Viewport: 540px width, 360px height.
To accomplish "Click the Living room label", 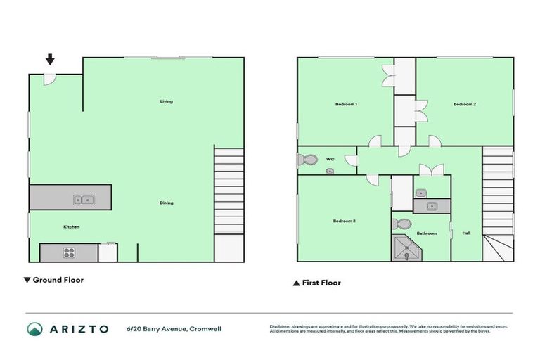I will tap(166, 101).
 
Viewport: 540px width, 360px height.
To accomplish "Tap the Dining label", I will tap(166, 203).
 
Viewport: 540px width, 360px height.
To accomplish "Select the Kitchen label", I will tap(71, 226).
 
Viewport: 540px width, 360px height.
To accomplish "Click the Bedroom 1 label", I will tap(346, 104).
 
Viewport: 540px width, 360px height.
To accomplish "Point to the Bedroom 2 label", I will tap(465, 104).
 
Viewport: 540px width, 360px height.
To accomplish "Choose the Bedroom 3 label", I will tap(344, 221).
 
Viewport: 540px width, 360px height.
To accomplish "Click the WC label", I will tap(330, 159).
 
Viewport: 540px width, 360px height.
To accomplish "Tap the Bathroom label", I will tap(427, 233).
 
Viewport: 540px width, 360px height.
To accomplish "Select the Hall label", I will tap(466, 233).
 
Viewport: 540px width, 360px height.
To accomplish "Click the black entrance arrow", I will tap(51, 60).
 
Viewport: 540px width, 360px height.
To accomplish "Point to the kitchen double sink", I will tap(84, 200).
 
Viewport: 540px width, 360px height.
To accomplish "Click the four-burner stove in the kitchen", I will tap(70, 252).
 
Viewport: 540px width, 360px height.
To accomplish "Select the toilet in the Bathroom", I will tap(403, 224).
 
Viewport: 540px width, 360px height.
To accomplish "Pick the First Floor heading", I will tap(316, 283).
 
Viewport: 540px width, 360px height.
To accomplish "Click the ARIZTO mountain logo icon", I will tap(34, 328).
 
